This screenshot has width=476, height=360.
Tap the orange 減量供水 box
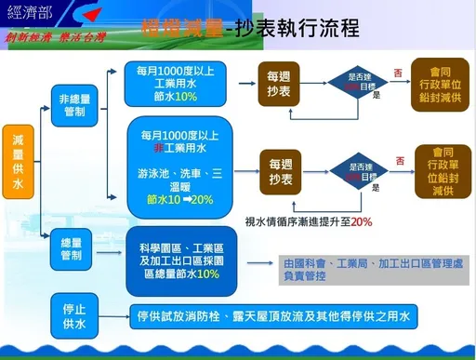click(18, 164)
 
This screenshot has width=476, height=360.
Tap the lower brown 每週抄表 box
click(283, 170)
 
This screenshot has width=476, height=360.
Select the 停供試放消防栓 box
click(271, 316)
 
